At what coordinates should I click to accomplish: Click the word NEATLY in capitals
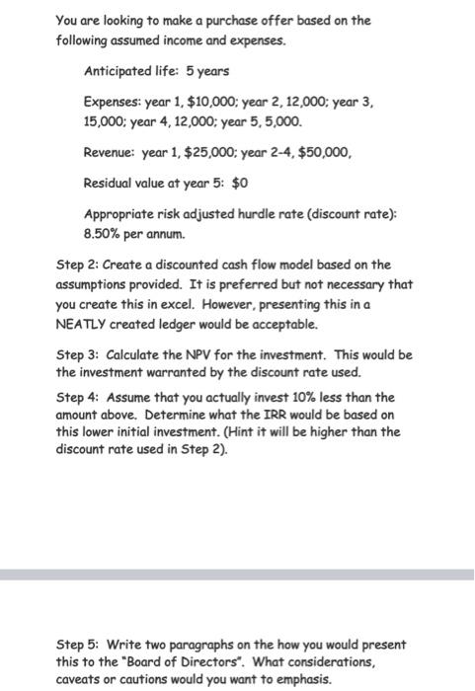[81, 325]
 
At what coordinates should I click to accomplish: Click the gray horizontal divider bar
[237, 574]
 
